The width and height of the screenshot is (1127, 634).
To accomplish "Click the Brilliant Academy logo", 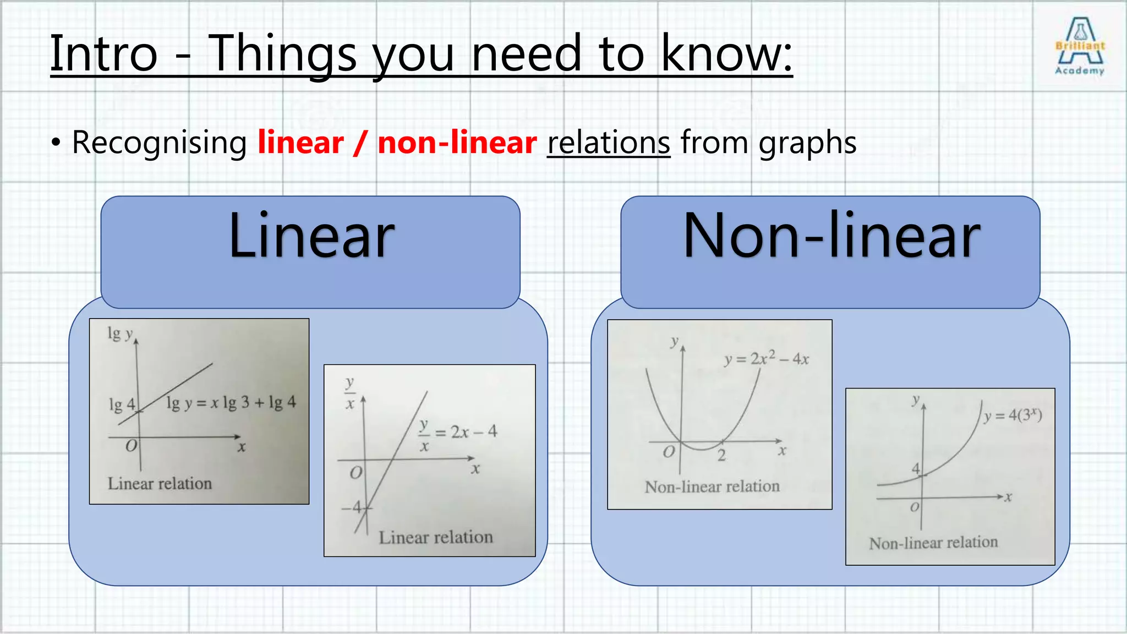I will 1080,46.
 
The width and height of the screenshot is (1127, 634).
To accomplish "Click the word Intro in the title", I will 104,53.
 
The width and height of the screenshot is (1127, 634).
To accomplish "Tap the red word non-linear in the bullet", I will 457,143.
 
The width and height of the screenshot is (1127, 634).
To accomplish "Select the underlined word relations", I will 609,143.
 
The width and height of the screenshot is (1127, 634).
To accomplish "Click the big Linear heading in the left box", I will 311,237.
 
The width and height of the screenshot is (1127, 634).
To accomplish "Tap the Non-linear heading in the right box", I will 831,237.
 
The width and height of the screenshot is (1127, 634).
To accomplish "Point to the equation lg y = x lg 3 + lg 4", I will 231,403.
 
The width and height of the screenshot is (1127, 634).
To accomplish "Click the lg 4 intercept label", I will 122,405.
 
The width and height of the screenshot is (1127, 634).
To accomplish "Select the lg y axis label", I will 120,334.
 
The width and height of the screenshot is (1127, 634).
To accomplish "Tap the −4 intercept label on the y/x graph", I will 353,507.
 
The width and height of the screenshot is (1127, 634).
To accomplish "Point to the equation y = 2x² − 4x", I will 766,359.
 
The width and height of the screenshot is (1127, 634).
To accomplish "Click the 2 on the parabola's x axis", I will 721,455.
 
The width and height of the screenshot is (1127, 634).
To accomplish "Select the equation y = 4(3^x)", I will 1013,415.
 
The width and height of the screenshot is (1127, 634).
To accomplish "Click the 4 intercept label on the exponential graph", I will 916,468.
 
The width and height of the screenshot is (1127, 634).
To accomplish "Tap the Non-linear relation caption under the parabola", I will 712,487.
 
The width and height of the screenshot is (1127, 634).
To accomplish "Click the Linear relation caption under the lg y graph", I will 160,484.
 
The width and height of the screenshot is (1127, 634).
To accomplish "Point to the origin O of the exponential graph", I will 914,507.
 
